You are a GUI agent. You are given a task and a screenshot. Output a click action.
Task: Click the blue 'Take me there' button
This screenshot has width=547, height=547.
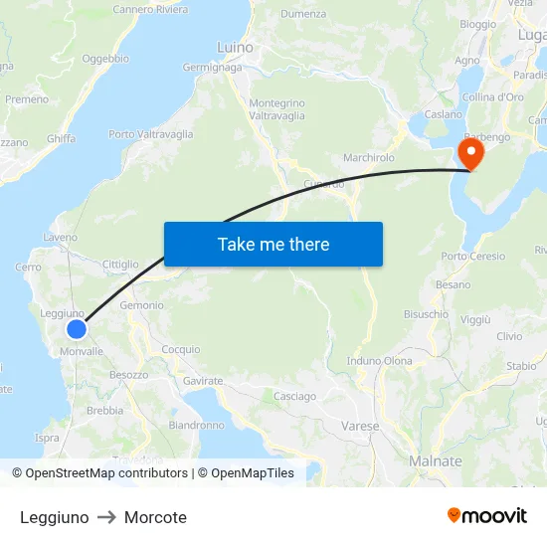click(x=273, y=244)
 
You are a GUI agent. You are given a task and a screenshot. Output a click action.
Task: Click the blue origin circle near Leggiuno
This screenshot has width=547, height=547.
click(x=77, y=329)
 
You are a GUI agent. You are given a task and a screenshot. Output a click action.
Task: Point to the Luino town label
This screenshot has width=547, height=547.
click(x=235, y=47)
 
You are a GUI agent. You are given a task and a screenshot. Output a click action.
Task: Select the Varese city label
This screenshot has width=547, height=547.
click(x=359, y=426)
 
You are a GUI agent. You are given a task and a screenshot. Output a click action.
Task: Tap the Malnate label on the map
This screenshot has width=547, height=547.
click(x=436, y=461)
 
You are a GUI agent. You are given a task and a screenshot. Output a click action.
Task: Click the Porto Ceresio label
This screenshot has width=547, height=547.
click(x=473, y=257)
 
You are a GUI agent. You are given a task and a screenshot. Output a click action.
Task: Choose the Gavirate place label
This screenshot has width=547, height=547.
click(x=203, y=381)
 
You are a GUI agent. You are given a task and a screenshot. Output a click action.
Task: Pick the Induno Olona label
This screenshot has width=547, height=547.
click(x=380, y=360)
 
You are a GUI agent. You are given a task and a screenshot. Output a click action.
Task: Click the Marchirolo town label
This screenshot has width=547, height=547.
click(x=369, y=157)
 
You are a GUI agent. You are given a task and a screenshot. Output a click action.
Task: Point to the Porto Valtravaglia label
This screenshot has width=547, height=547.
click(x=151, y=134)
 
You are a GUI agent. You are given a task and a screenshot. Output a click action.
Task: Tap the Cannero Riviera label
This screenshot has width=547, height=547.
click(x=150, y=10)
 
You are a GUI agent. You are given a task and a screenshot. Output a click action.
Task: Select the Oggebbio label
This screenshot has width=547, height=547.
click(x=105, y=59)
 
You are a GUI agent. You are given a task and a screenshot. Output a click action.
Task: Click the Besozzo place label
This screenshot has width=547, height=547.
click(x=128, y=374)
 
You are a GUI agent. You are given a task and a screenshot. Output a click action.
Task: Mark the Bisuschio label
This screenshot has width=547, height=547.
click(x=426, y=313)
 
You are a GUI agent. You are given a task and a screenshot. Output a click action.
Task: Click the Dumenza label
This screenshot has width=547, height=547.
click(x=303, y=14)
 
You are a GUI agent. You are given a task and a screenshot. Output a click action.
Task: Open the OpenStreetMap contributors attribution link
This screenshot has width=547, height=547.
click(x=99, y=473)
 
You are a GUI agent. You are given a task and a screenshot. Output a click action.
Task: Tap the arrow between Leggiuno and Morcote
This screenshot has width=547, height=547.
click(x=106, y=517)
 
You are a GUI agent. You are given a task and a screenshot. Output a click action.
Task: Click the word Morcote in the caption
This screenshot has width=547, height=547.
click(x=155, y=517)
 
